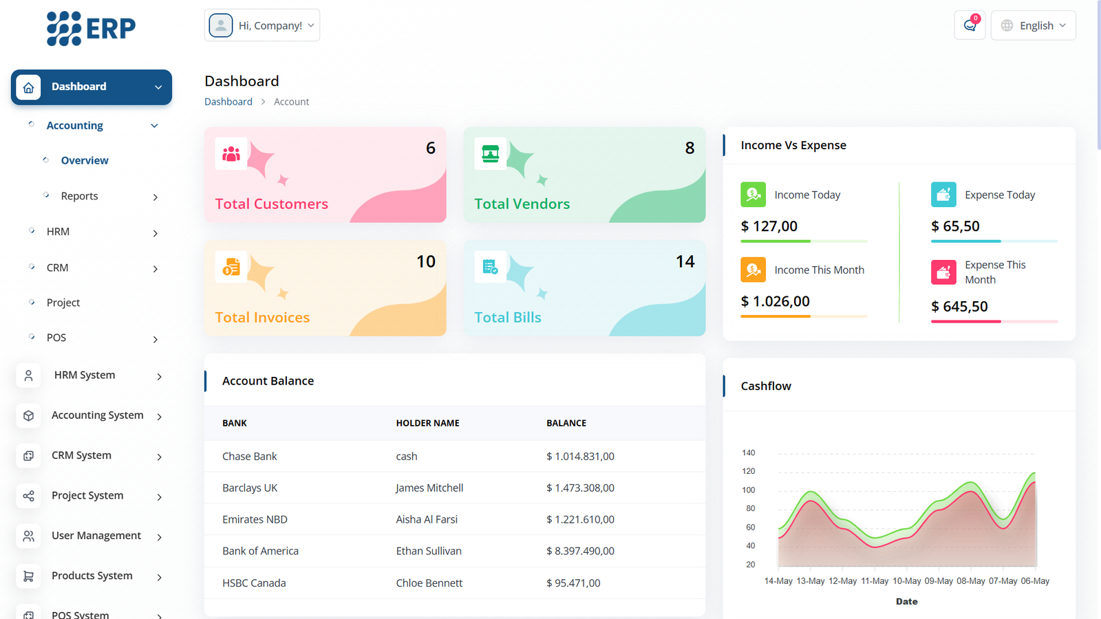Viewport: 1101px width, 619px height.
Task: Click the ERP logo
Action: [91, 28]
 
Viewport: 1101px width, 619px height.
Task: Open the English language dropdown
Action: [1033, 25]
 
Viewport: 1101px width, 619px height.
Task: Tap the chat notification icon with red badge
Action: [970, 25]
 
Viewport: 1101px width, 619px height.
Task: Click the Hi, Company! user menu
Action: [262, 25]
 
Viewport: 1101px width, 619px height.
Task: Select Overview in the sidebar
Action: [85, 160]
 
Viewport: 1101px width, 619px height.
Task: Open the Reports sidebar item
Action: [80, 196]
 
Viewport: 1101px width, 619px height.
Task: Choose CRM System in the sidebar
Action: [81, 455]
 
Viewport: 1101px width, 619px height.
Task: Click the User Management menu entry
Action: [96, 536]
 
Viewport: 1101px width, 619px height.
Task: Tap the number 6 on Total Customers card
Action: [431, 148]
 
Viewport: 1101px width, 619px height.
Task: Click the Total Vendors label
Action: [522, 204]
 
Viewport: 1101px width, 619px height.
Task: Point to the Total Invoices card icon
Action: [231, 267]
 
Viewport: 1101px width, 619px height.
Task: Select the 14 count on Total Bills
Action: [685, 261]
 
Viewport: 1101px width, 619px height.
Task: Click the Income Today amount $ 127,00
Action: [769, 226]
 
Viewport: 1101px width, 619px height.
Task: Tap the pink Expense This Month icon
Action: [943, 272]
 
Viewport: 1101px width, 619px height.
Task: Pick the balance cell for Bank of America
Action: [580, 551]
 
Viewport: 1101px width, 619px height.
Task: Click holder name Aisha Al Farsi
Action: [427, 519]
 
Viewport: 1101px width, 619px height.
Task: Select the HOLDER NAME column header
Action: [427, 423]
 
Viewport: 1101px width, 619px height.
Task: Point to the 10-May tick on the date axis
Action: [906, 581]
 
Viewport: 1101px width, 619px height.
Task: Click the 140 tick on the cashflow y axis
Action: [748, 453]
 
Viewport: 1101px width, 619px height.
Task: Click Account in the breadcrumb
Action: [291, 102]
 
